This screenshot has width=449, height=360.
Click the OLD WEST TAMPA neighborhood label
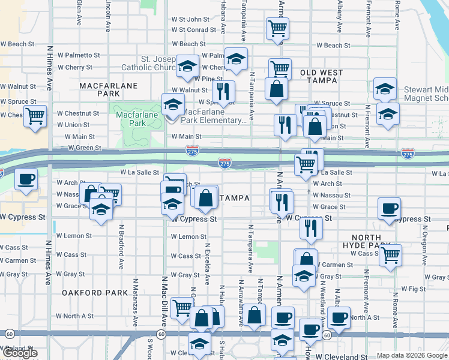[321, 77]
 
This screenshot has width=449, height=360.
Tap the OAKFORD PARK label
[95, 292]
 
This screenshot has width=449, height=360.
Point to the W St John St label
[190, 19]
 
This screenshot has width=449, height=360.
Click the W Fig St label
[413, 289]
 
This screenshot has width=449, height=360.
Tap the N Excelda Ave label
[207, 264]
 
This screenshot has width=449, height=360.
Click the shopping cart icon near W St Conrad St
[277, 28]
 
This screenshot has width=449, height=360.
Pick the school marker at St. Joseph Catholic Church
[188, 66]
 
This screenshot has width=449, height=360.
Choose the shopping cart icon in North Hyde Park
[391, 254]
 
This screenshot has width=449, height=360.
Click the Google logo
[20, 353]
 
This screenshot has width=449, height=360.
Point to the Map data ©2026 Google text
[411, 355]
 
